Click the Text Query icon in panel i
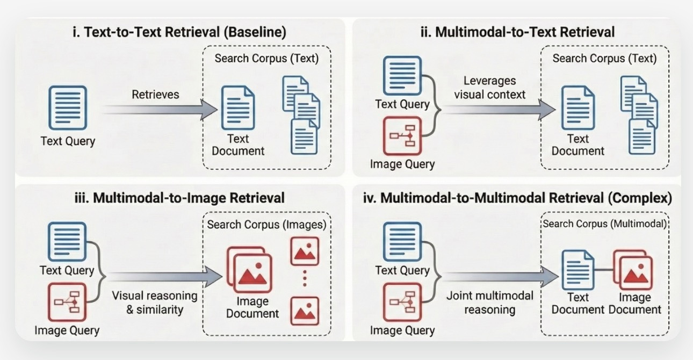[x=68, y=108]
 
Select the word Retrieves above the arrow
[x=155, y=95]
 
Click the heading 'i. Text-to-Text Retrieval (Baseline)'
[x=179, y=32]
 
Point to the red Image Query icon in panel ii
[x=402, y=136]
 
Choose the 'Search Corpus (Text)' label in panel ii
[x=604, y=58]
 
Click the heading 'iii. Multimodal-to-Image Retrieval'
[x=179, y=198]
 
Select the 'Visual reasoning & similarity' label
[x=154, y=303]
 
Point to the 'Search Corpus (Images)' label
[x=266, y=224]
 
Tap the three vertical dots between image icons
[x=305, y=278]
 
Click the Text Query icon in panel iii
[x=67, y=242]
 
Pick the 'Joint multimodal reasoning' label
[x=490, y=303]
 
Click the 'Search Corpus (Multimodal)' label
[x=604, y=224]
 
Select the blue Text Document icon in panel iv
[x=577, y=269]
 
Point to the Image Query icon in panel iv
[x=402, y=302]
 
